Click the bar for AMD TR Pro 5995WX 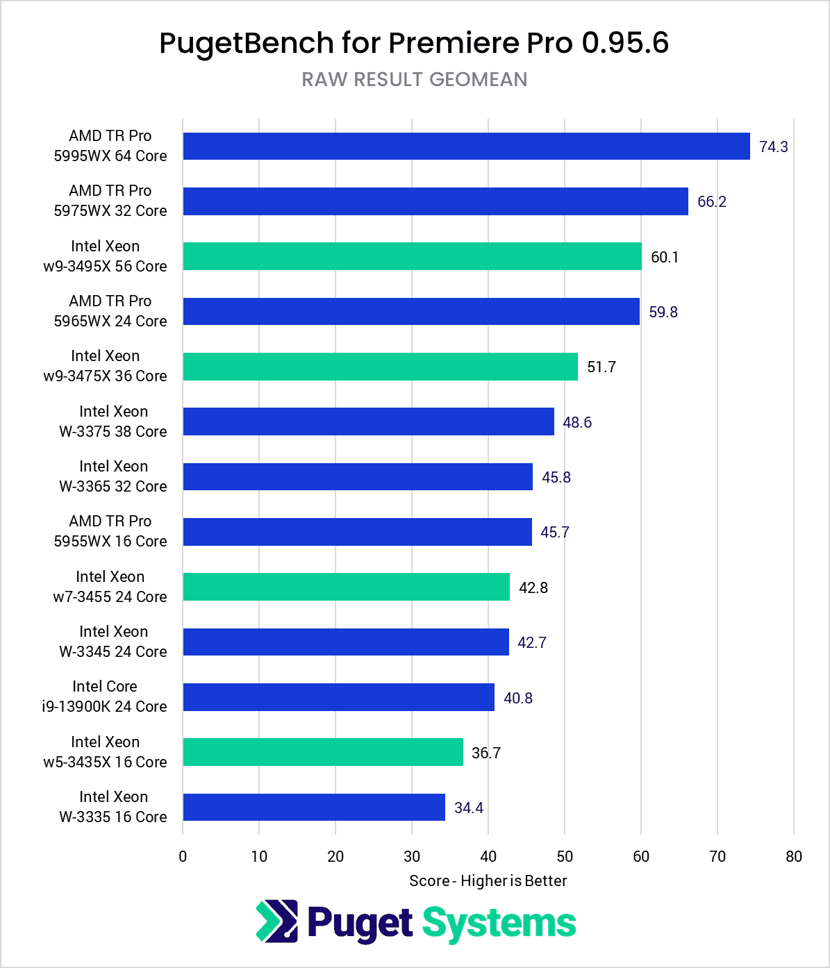pos(466,147)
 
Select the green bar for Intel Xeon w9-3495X pos(412,256)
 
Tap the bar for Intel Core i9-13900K pos(338,697)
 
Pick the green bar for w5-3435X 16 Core pos(323,752)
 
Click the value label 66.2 pos(711,201)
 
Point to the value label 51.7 pos(601,367)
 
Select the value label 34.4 pos(468,808)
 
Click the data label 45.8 pos(556,477)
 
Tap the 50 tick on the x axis pos(565,856)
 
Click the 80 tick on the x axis pos(793,856)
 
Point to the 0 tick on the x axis pos(183,856)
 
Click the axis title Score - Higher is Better pos(488,881)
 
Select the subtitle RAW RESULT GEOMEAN pos(415,79)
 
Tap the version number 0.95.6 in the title pos(624,43)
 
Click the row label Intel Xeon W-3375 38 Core pos(113,422)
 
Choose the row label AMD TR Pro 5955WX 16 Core pos(110,531)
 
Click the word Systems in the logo pos(499,924)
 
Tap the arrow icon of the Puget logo pos(276,921)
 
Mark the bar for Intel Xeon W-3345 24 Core pos(346,642)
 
